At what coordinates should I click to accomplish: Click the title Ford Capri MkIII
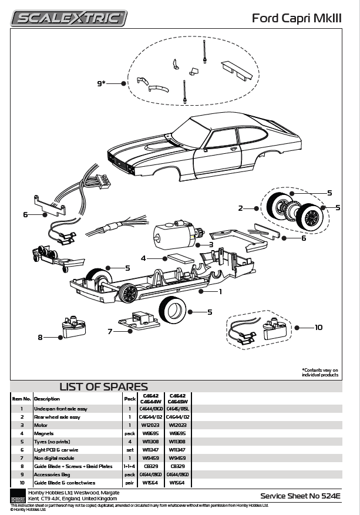pos(295,18)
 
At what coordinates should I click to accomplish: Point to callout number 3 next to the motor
pos(211,244)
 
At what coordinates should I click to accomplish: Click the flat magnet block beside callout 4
pos(181,259)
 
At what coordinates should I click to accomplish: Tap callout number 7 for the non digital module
pos(110,331)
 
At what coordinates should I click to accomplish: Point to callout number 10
pos(318,327)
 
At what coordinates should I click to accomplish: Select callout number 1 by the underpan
pos(220,291)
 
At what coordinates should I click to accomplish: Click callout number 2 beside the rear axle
pos(240,208)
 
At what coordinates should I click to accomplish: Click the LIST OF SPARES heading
pos(103,386)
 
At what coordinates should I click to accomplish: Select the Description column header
pos(46,398)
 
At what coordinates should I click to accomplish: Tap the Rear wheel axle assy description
pos(57,416)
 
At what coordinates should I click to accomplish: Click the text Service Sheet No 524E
pos(300,496)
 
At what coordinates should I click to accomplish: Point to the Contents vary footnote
pos(320,372)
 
